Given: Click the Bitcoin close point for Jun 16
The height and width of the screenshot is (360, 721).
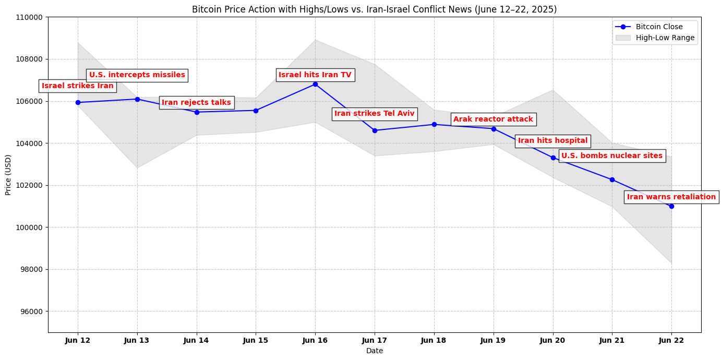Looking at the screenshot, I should tap(315, 84).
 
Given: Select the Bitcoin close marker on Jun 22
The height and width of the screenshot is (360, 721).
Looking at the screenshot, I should tap(671, 206).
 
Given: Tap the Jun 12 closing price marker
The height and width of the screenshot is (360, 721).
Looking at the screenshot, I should tap(78, 102).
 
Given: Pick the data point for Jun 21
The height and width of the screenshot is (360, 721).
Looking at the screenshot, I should tap(612, 179).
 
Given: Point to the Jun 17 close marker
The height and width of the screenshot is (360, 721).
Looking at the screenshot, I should tap(375, 130).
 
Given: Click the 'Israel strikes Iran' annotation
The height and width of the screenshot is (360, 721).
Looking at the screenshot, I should tap(78, 86).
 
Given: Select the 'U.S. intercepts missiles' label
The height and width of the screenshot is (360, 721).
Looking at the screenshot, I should tap(137, 75).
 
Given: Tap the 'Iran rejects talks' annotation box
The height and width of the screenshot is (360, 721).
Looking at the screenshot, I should tap(196, 103).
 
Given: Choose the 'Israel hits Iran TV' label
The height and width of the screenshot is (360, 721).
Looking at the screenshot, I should tap(315, 75).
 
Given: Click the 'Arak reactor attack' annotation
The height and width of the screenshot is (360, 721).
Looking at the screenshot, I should tap(493, 119).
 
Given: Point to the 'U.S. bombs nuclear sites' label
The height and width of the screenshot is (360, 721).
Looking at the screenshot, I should tap(612, 156).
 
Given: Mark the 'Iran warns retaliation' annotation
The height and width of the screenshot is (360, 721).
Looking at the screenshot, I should tap(671, 197).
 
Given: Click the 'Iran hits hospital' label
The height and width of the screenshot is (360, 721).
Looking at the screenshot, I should tap(552, 141).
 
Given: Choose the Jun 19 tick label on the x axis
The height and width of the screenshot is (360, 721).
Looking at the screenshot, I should tap(493, 341).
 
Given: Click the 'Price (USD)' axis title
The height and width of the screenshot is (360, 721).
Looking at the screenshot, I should tap(8, 175).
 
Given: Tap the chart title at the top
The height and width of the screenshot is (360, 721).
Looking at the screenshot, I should tap(374, 9).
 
